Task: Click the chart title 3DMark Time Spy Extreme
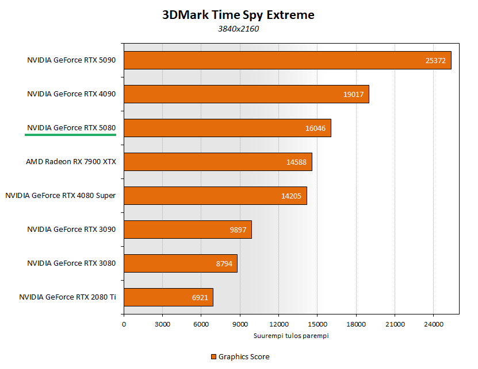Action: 238,15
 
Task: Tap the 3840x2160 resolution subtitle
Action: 238,29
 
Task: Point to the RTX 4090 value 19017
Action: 353,94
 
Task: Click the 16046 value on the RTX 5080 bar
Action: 315,128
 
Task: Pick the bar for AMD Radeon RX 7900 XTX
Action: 217,162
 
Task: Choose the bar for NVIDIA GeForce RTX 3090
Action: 188,230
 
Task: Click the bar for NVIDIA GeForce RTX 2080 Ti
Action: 168,297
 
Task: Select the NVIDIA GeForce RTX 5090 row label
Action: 71,60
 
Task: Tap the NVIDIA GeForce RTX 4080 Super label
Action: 60,195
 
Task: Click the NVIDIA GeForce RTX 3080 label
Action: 71,263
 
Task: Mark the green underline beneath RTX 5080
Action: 70,135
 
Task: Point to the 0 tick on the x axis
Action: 124,324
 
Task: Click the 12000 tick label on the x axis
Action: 278,324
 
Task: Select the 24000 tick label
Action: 433,324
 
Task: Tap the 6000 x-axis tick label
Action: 201,324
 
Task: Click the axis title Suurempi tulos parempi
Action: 291,335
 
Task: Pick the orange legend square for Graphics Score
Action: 213,356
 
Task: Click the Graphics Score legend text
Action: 244,356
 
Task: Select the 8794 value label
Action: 224,263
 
